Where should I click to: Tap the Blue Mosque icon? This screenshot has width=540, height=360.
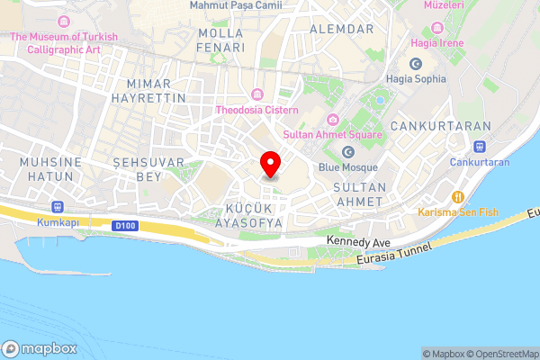pyautogui.click(x=348, y=152)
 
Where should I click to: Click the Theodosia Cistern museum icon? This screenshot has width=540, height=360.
pyautogui.click(x=257, y=94)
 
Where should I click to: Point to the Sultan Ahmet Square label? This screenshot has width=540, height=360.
pyautogui.click(x=332, y=134)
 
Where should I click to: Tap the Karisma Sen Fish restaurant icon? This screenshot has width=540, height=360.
pyautogui.click(x=457, y=196)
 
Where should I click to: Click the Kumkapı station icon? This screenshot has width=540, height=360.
pyautogui.click(x=58, y=205)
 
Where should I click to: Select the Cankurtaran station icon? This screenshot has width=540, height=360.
pyautogui.click(x=480, y=147)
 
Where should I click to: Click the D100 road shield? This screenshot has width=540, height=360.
pyautogui.click(x=125, y=225)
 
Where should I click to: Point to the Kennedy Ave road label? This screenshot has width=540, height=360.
pyautogui.click(x=358, y=242)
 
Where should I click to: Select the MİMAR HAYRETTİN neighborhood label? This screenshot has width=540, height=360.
pyautogui.click(x=150, y=88)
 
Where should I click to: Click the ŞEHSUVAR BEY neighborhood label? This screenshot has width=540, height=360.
pyautogui.click(x=148, y=168)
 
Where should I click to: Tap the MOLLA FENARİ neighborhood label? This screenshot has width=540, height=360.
pyautogui.click(x=221, y=40)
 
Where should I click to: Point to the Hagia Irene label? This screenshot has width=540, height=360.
pyautogui.click(x=436, y=42)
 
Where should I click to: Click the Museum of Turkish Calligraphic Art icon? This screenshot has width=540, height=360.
pyautogui.click(x=64, y=21)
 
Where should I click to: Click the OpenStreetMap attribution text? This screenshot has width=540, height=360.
pyautogui.click(x=502, y=354)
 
